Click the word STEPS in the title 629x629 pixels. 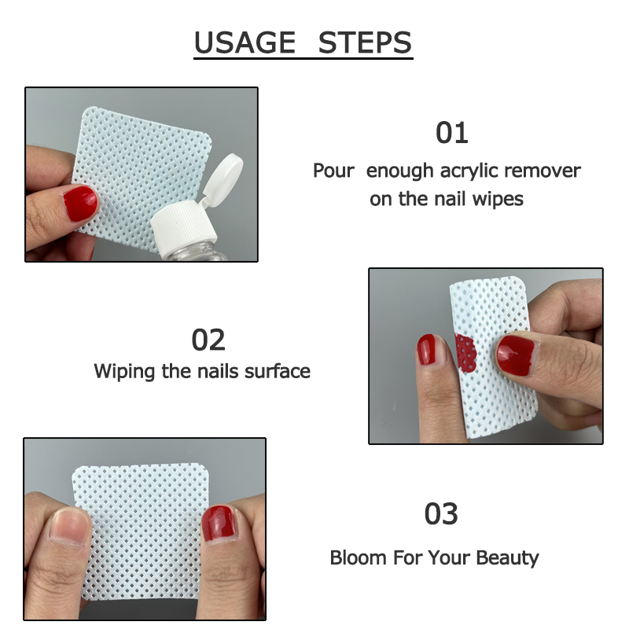point(365,42)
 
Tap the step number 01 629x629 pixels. point(452,134)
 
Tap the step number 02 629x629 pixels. point(208,340)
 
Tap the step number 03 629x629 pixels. point(440,514)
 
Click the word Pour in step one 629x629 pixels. point(333,171)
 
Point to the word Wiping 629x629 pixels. point(125,370)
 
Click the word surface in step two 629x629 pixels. point(278,370)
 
